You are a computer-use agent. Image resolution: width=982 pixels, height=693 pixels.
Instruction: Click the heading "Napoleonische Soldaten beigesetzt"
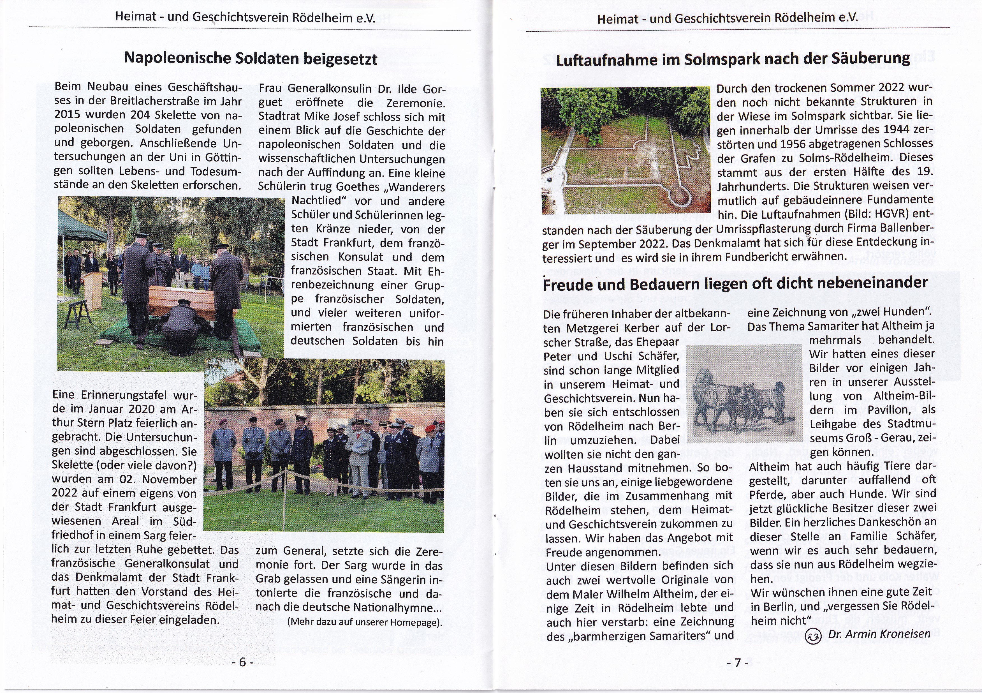(x=250, y=58)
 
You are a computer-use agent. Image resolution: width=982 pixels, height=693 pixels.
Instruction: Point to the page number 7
(x=737, y=663)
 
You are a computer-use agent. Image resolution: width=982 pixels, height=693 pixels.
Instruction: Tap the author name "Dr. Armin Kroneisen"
(x=879, y=634)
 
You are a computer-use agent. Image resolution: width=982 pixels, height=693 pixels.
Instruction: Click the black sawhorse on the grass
(x=79, y=315)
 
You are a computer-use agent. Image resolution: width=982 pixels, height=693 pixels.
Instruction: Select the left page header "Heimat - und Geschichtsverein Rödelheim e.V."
(x=245, y=18)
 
